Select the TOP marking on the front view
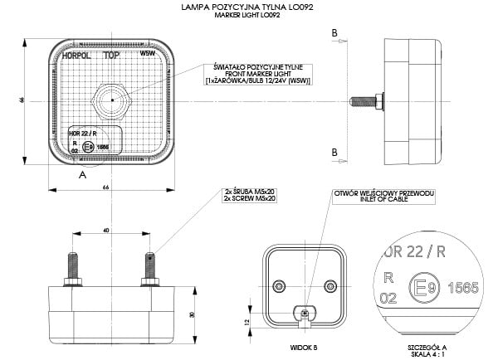tap(111, 56)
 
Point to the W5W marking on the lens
tap(148, 53)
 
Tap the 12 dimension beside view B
tap(248, 320)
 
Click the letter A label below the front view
tap(82, 176)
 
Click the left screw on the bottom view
tap(72, 267)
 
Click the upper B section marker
tap(334, 32)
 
